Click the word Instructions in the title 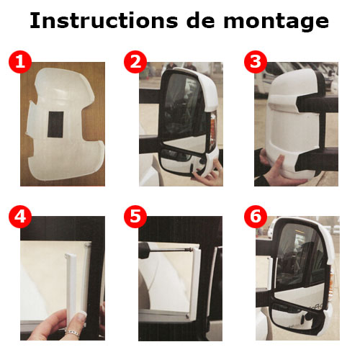pos(104,21)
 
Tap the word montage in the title pos(276,22)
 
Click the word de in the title pos(201,21)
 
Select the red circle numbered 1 pos(20,62)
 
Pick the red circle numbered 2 pos(135,62)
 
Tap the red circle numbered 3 pos(256,62)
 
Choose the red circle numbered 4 pos(20,217)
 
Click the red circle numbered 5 pos(135,217)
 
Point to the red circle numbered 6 pos(256,217)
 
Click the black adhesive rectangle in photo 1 pos(55,125)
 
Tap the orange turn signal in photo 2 pos(212,131)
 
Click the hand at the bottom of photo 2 pos(208,174)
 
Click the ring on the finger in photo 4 pos(72,333)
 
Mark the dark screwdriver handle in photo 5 pos(144,251)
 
